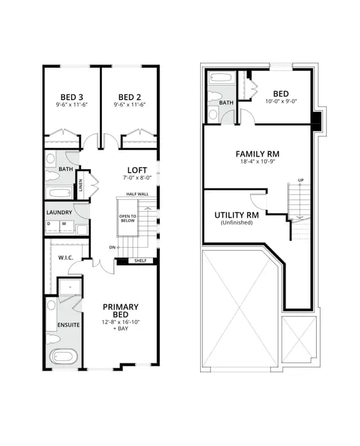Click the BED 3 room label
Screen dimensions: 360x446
tap(71, 97)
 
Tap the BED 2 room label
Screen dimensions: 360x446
tap(129, 97)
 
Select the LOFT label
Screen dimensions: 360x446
tap(137, 170)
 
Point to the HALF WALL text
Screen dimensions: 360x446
tap(137, 194)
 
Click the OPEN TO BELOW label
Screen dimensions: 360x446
tap(128, 218)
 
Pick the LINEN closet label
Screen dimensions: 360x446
tap(80, 185)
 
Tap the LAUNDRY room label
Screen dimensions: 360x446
tap(59, 212)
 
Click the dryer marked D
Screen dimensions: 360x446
tap(52, 228)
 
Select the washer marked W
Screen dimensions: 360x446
tap(67, 228)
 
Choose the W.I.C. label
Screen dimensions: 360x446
tap(66, 258)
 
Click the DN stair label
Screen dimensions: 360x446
tap(112, 247)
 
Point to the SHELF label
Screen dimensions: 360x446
tap(141, 261)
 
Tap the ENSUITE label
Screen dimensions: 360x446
tap(69, 325)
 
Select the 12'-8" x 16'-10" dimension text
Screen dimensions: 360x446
tap(121, 322)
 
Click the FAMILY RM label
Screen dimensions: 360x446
tap(258, 154)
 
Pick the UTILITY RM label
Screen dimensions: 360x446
tap(237, 215)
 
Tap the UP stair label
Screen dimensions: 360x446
tap(301, 180)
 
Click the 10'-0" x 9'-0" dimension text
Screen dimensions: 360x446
tap(281, 101)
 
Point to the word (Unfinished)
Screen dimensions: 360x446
tap(237, 222)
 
